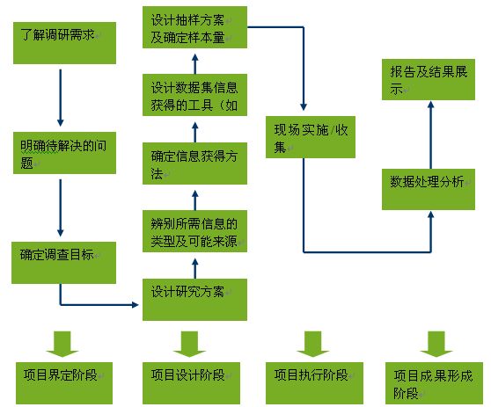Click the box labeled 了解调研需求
(64, 43)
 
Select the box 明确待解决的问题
(64, 153)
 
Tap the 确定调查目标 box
(63, 263)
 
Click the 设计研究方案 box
(194, 300)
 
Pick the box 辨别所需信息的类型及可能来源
(194, 231)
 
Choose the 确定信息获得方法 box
(194, 164)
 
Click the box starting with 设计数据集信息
(194, 95)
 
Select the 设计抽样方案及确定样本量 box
(194, 27)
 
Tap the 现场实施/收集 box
(311, 137)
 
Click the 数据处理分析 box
(429, 189)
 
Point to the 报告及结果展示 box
(429, 79)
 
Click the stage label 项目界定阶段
(64, 383)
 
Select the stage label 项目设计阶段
(191, 383)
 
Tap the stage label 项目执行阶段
(314, 383)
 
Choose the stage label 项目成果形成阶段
(434, 383)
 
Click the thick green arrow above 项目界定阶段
(62, 344)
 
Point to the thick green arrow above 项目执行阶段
(313, 344)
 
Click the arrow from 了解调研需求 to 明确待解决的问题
(61, 98)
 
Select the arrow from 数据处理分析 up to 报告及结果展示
(431, 134)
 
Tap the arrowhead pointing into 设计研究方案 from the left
(136, 304)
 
